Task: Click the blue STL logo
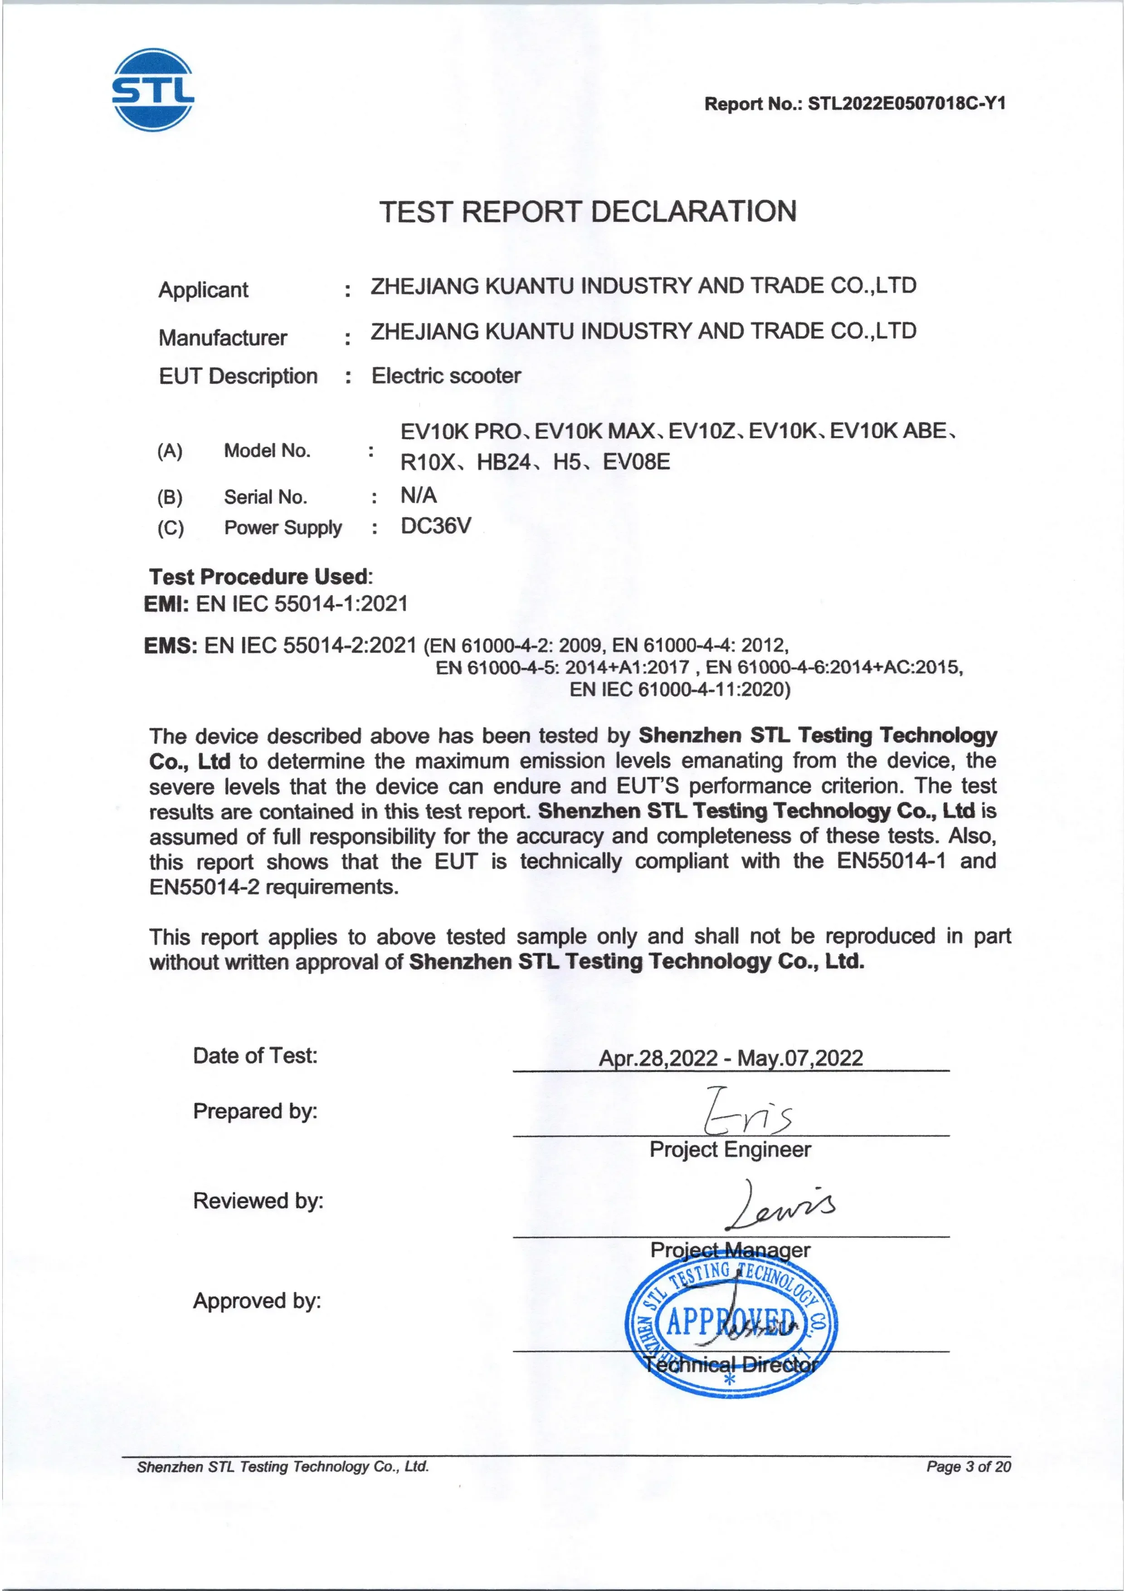pos(153,90)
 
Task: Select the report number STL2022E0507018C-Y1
pos(907,104)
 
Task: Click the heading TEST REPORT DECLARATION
pos(587,211)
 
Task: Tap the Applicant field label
pos(203,290)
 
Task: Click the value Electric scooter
pos(446,376)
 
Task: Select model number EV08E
pos(636,462)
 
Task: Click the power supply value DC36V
pos(436,526)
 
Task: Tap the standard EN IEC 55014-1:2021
pos(302,604)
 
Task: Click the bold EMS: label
pos(170,646)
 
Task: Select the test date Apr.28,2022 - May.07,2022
pos(731,1058)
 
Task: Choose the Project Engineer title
pos(730,1150)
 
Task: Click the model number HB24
pos(504,462)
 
